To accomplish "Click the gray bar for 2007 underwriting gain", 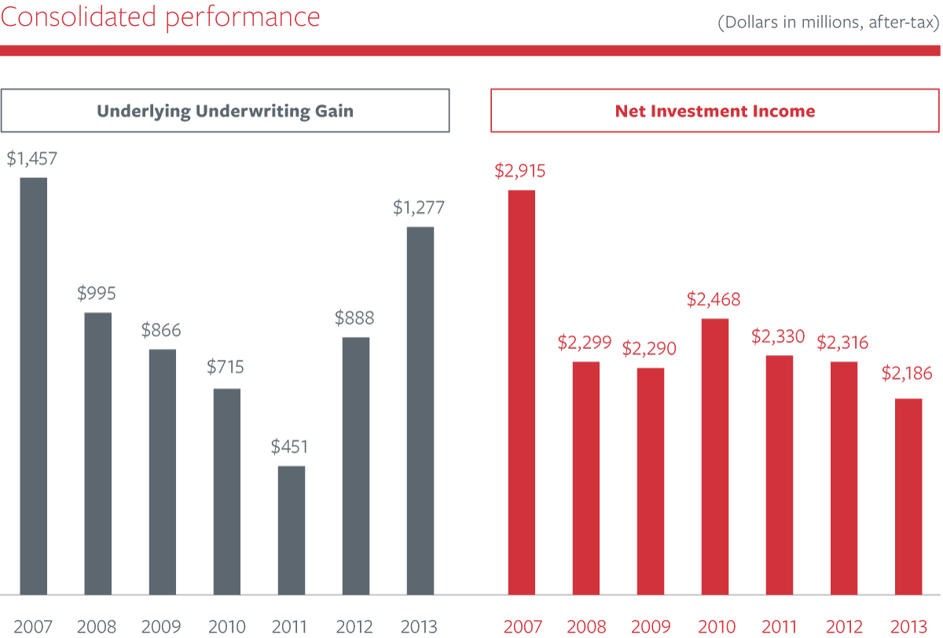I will coord(33,386).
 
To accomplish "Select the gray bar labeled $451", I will coord(291,530).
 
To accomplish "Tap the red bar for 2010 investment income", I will coord(714,456).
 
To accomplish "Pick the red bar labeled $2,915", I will coord(521,392).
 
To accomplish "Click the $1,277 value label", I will coord(420,208).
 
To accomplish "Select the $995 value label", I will coord(97,294).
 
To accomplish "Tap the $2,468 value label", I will coord(714,299).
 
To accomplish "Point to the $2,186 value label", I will coord(906,373).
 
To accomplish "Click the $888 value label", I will coord(354,318).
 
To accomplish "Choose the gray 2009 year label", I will coord(162,627).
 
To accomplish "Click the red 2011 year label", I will coord(779,627).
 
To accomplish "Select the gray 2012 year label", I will coord(354,627).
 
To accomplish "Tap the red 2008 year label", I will coord(585,627).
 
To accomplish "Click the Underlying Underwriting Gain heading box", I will coord(225,111).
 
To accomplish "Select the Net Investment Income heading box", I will coord(715,111).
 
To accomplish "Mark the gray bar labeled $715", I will coord(226,492).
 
